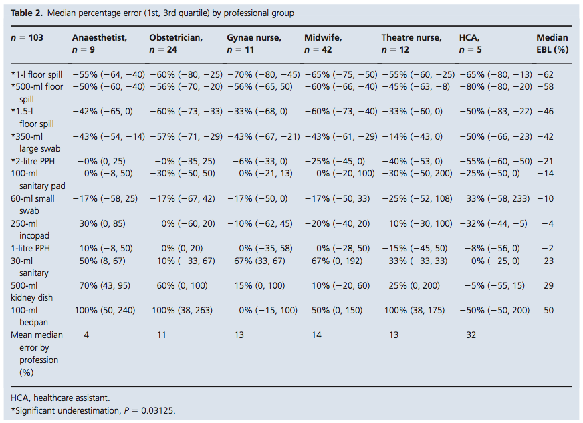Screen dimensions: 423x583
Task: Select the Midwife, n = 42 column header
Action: (323, 43)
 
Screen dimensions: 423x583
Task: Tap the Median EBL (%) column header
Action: (552, 43)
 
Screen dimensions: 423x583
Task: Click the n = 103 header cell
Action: (27, 38)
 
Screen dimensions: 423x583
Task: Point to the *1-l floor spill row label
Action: (37, 74)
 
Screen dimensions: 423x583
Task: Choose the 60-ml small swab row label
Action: (33, 204)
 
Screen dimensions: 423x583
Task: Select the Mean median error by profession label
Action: (34, 354)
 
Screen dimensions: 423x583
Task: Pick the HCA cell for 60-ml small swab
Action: (493, 198)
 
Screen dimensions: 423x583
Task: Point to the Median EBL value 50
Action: (548, 311)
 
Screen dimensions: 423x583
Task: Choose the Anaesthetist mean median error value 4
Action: (86, 335)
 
